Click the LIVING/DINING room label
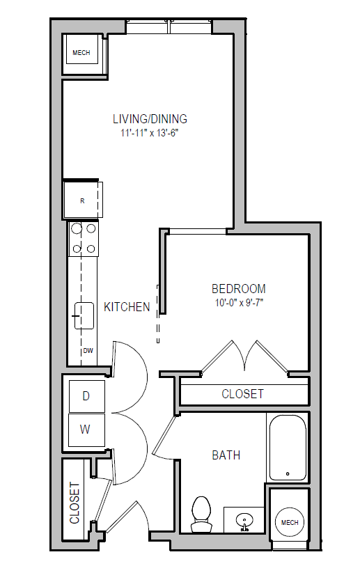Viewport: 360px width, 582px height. pyautogui.click(x=150, y=119)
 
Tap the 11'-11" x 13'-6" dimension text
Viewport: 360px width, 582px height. pyautogui.click(x=150, y=133)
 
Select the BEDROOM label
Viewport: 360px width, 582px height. pyautogui.click(x=239, y=289)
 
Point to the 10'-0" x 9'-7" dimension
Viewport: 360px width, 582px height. pyautogui.click(x=239, y=303)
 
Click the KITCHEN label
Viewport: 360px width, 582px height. pyautogui.click(x=127, y=307)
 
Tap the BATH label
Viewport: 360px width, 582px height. pyautogui.click(x=226, y=455)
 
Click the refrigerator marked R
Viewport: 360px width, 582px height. pyautogui.click(x=82, y=200)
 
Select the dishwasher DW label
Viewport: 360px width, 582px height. pyautogui.click(x=88, y=350)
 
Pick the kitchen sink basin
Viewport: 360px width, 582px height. pyautogui.click(x=84, y=316)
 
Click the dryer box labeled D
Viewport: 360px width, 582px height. pyautogui.click(x=86, y=396)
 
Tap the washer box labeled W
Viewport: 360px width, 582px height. pyautogui.click(x=86, y=430)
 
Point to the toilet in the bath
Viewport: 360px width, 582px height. pyautogui.click(x=201, y=514)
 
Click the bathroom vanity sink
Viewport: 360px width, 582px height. pyautogui.click(x=244, y=519)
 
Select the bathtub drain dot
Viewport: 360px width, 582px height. pyautogui.click(x=288, y=473)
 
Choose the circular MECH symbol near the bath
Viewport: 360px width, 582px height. pyautogui.click(x=290, y=522)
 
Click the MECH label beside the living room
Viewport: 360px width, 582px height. pyautogui.click(x=81, y=53)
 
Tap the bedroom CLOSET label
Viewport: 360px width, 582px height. pyautogui.click(x=243, y=394)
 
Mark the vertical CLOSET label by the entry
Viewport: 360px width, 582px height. pyautogui.click(x=75, y=503)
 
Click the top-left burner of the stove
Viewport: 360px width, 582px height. pyautogui.click(x=77, y=228)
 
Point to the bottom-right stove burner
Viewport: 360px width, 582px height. pyautogui.click(x=91, y=249)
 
